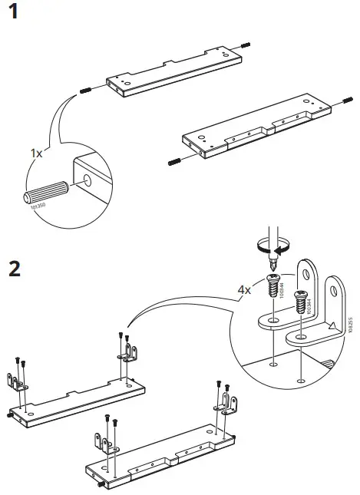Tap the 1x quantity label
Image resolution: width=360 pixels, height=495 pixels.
click(37, 153)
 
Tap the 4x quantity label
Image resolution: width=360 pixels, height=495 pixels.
click(244, 290)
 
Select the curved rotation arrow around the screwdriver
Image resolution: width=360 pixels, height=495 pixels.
click(273, 246)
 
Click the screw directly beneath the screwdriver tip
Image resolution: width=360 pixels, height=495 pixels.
click(271, 288)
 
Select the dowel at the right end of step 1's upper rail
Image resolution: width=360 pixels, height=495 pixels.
click(245, 45)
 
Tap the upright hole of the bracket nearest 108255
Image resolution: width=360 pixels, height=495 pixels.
click(335, 289)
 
